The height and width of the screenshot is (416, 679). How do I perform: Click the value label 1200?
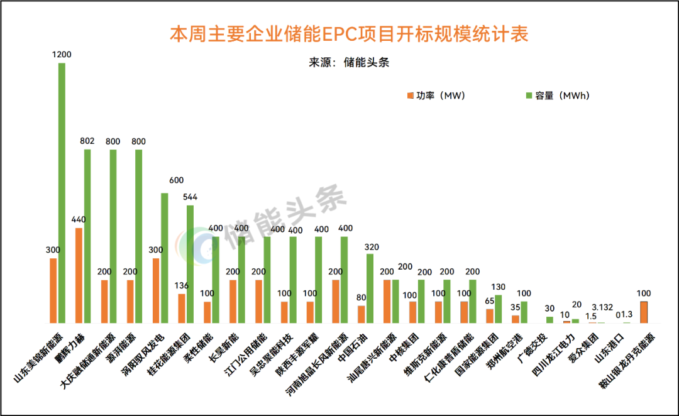[62, 55]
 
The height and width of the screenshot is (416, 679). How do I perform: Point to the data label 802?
[87, 141]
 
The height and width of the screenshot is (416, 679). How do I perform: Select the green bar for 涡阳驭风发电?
[165, 258]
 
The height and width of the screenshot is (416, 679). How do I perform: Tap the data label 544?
[190, 197]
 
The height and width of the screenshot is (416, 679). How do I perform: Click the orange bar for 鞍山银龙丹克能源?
[644, 312]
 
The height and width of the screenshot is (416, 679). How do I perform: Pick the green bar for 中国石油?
[370, 288]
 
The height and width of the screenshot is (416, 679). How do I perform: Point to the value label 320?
[371, 246]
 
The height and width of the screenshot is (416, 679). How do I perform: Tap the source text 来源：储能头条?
[350, 62]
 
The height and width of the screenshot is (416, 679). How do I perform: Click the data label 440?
[79, 219]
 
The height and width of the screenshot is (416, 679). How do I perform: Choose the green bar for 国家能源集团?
[499, 309]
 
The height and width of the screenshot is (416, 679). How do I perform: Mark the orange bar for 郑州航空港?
[516, 319]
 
